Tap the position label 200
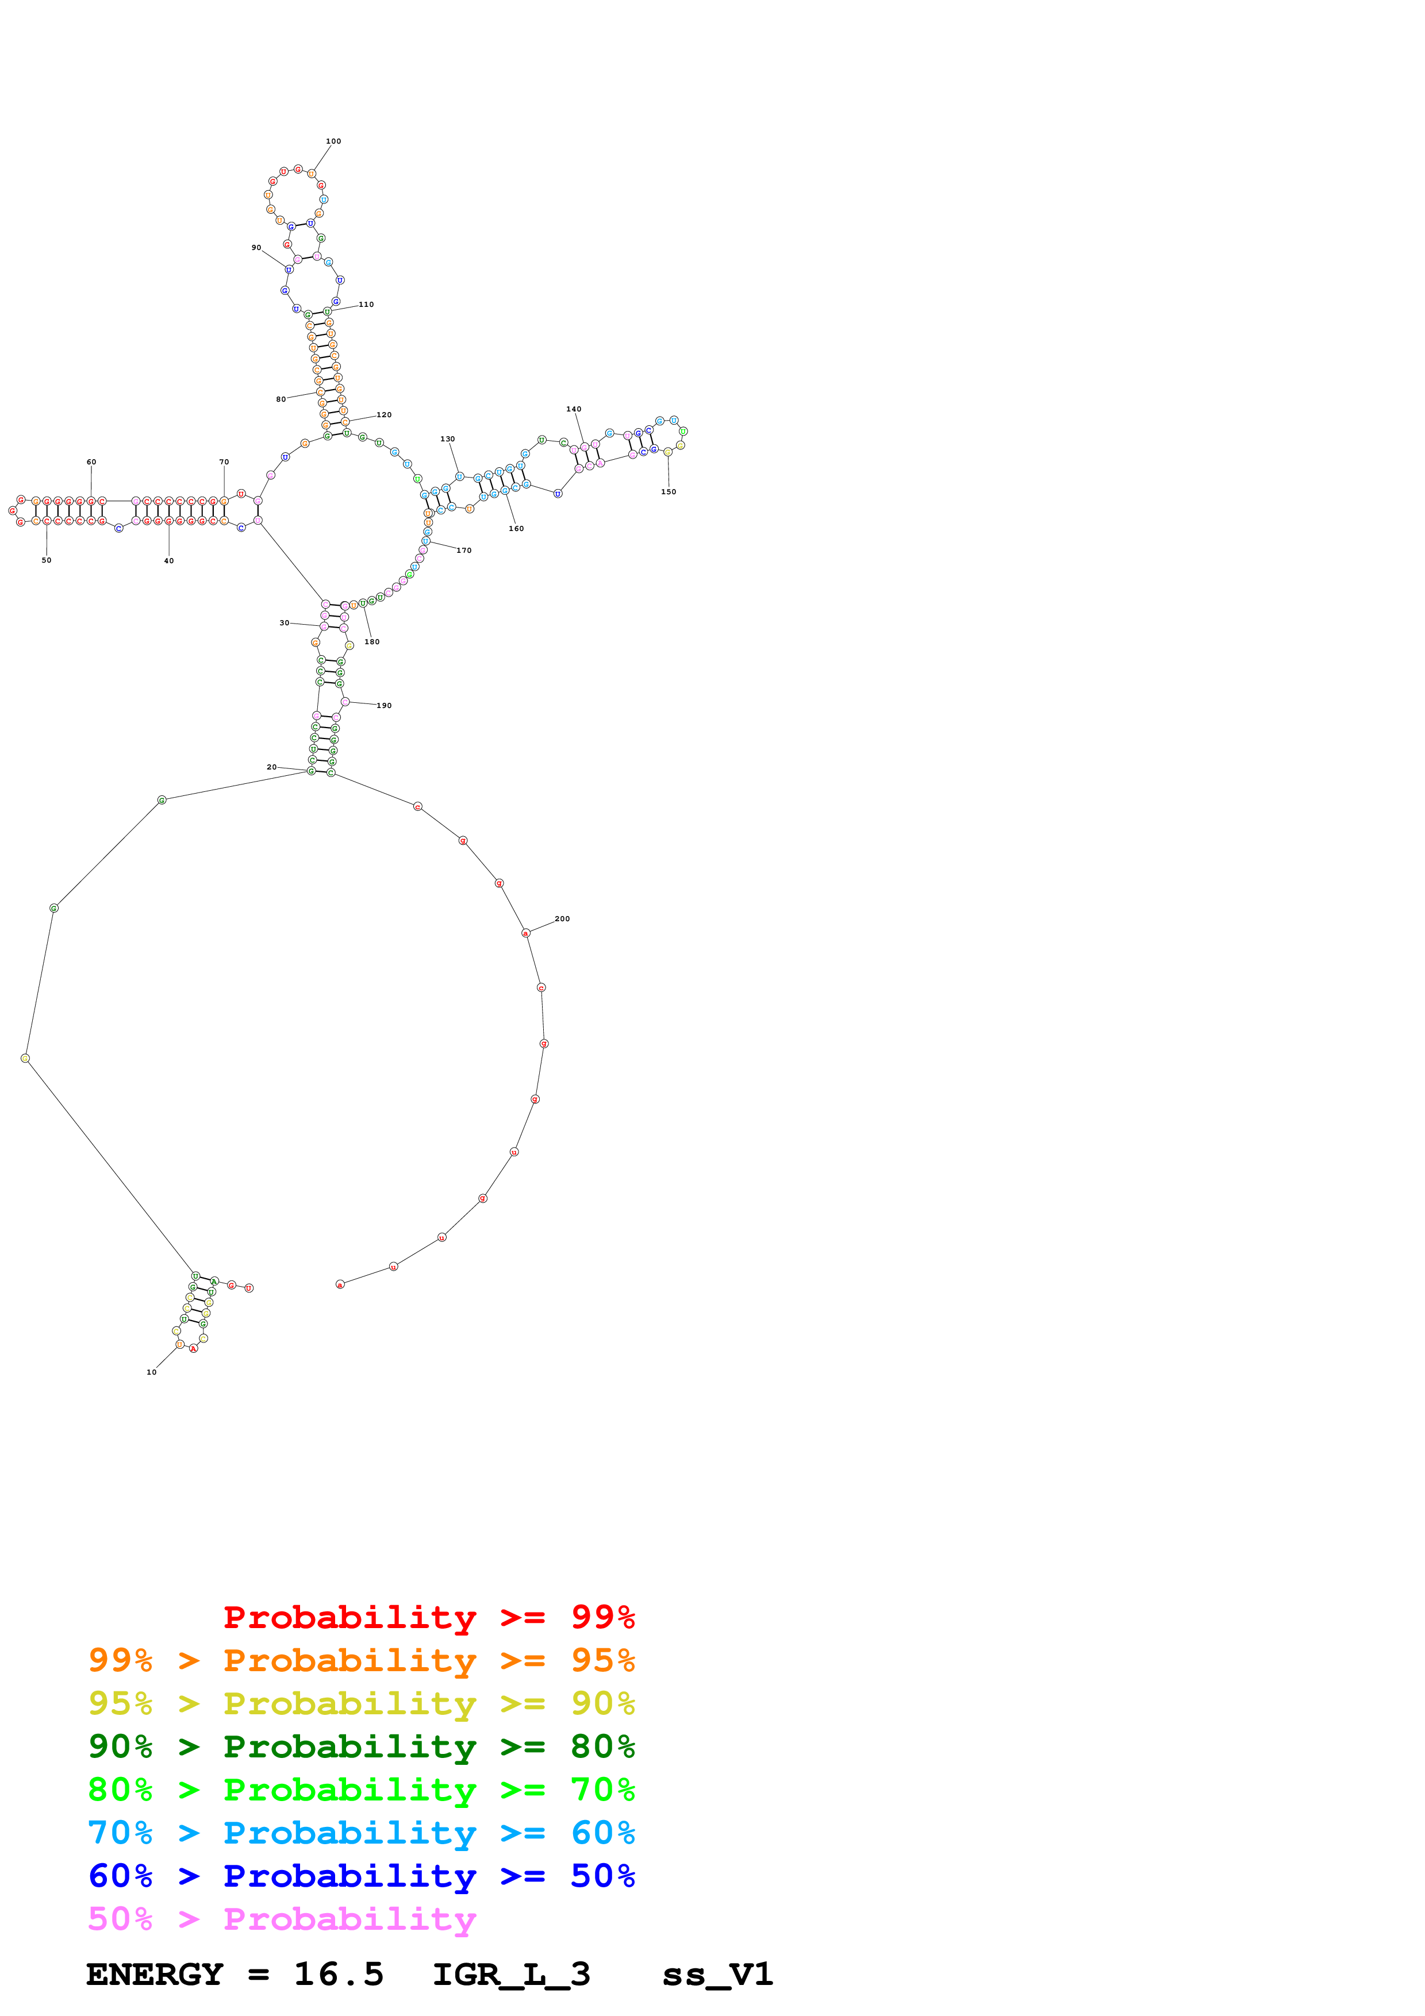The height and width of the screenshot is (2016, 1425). [562, 918]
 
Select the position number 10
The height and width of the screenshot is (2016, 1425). [151, 1372]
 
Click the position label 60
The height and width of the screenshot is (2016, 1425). [91, 462]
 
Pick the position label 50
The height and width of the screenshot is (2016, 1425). [47, 560]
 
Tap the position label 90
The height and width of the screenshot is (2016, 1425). [256, 248]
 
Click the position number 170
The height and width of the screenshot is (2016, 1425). [463, 551]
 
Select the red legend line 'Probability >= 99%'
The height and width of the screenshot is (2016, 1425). [428, 1617]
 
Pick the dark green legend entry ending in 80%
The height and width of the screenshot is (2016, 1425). [361, 1746]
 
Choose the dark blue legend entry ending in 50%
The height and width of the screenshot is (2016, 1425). [361, 1876]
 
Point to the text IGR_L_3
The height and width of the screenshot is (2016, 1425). [511, 1974]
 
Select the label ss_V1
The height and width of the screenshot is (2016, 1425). [717, 1974]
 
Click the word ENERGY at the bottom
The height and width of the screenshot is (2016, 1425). [155, 1974]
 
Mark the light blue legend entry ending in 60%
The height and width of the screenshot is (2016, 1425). [361, 1833]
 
